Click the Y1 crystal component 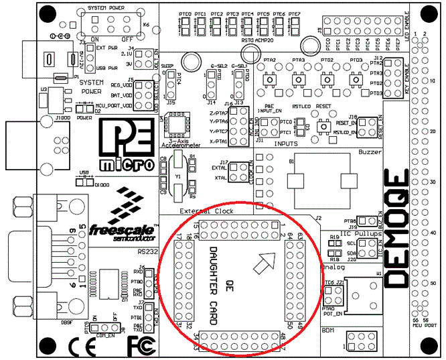point(177,176)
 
